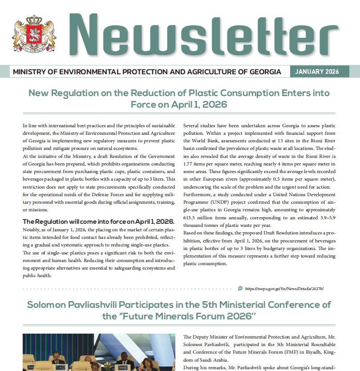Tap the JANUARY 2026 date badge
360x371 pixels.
[317, 72]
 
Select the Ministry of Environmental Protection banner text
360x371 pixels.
[147, 72]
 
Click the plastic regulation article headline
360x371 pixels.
[179, 99]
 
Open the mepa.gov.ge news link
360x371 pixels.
[284, 288]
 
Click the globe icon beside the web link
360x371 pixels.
[240, 288]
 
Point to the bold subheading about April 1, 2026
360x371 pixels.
[98, 222]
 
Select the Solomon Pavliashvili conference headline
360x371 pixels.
[179, 311]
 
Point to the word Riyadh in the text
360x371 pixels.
[299, 352]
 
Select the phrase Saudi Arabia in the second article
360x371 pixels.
[206, 359]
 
